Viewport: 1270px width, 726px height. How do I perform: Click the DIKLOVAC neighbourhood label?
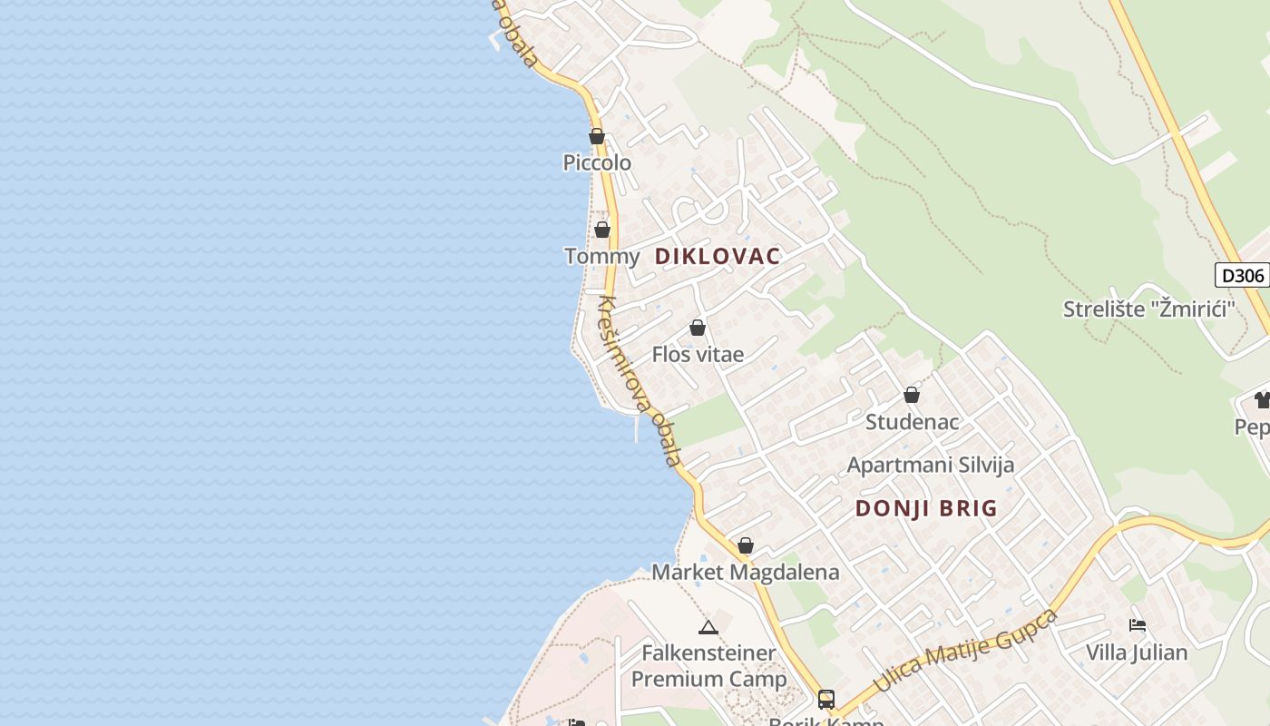(x=718, y=257)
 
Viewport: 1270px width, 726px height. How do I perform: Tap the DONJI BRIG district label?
(x=926, y=508)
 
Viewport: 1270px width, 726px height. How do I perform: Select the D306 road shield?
(x=1242, y=276)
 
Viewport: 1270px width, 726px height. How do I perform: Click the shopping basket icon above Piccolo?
(x=597, y=136)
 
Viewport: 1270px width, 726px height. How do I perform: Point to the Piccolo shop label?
(x=597, y=163)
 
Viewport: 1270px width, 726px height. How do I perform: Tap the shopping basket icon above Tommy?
(x=602, y=229)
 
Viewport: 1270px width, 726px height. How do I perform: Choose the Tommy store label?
(x=602, y=257)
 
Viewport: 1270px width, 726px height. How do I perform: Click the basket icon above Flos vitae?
(x=698, y=328)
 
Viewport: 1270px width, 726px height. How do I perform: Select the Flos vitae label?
(x=698, y=355)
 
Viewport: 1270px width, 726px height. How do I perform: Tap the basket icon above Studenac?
(x=912, y=395)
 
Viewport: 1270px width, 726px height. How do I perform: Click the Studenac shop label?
(x=912, y=422)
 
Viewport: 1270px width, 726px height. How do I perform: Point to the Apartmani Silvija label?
(x=930, y=466)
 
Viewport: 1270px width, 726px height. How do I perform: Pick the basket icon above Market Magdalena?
(x=746, y=545)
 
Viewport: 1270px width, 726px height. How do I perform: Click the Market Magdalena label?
(x=746, y=573)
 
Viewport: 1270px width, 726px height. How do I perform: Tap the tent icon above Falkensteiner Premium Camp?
(x=708, y=626)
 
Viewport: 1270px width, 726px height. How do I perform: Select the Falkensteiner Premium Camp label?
(x=708, y=665)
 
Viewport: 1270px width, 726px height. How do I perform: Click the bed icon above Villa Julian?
(x=1138, y=624)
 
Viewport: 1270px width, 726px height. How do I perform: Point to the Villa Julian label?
(x=1137, y=652)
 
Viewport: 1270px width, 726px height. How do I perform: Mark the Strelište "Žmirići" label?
(x=1149, y=309)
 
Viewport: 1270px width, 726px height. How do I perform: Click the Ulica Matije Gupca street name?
(x=966, y=652)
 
